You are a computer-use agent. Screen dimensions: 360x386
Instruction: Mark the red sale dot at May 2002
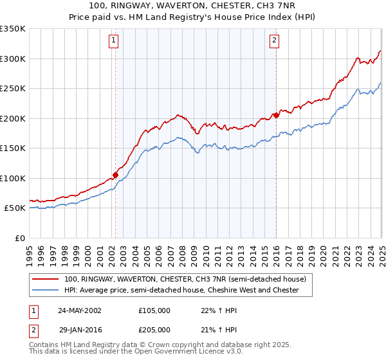tap(116, 174)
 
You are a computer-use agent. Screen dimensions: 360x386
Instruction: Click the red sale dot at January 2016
tap(276, 115)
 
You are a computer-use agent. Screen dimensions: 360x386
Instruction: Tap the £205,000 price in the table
tap(154, 329)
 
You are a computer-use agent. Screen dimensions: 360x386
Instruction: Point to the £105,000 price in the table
tap(154, 310)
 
